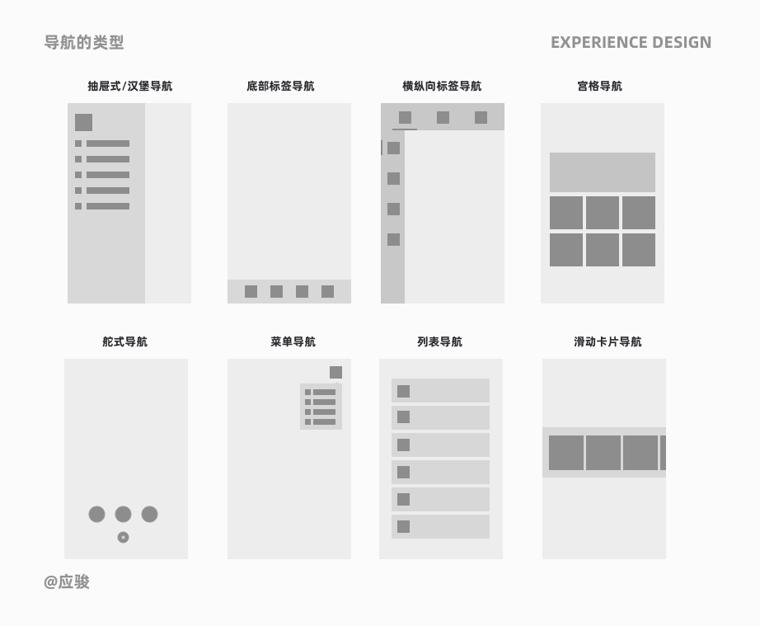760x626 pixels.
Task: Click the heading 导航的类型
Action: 84,42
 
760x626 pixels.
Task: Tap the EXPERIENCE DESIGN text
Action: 631,42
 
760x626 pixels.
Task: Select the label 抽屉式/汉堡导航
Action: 130,86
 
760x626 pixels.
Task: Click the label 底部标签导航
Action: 280,86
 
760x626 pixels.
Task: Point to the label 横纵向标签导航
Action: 442,86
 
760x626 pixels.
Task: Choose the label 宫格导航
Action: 600,86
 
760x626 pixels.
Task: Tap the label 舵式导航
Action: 125,341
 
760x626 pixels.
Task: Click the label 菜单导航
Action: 293,341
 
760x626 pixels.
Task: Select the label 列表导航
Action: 440,341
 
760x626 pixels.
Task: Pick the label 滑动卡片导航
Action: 608,341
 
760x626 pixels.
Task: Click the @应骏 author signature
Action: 67,581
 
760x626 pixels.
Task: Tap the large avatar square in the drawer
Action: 83,123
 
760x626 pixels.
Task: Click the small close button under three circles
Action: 123,537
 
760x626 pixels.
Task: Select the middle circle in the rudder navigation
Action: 123,514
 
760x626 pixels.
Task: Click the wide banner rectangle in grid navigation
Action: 603,172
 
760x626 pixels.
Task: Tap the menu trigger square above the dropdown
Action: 335,372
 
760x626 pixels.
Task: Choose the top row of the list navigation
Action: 440,391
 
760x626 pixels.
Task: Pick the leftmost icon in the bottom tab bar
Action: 251,291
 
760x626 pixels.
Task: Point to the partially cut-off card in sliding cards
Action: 663,453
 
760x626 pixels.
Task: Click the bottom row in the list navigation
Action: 440,526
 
